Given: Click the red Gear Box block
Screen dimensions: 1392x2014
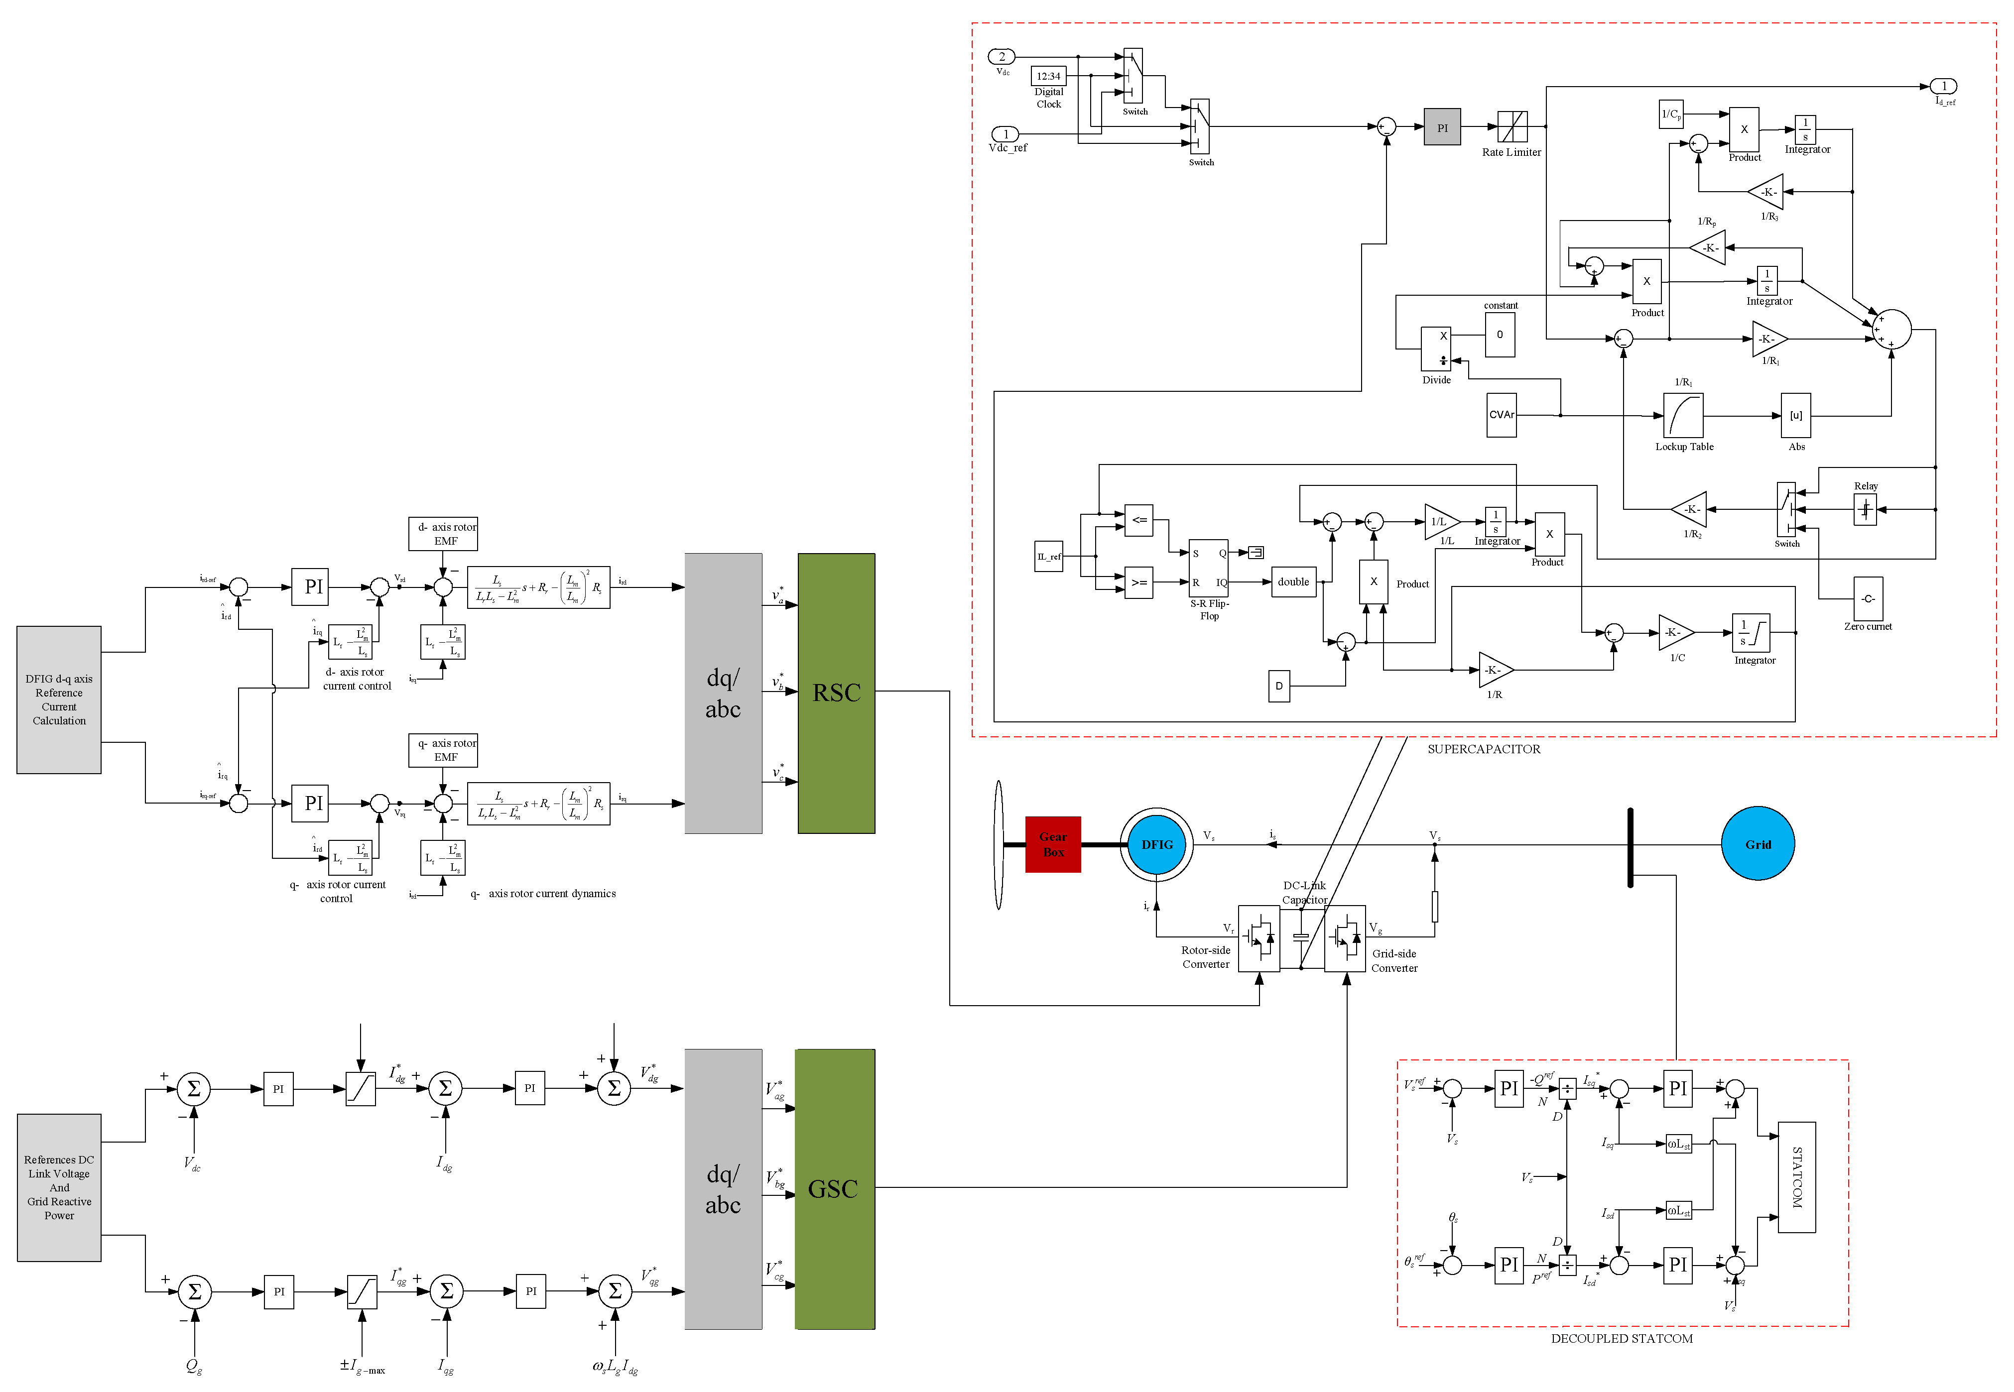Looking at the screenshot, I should [x=1053, y=844].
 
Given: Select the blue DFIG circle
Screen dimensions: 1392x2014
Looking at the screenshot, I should [x=1156, y=844].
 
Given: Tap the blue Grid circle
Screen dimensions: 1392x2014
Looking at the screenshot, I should [x=1758, y=844].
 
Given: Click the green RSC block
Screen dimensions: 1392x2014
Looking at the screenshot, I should [x=836, y=694].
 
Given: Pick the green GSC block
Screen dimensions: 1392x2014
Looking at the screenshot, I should [x=834, y=1189].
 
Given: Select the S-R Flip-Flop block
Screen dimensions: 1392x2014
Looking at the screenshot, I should [x=1208, y=568].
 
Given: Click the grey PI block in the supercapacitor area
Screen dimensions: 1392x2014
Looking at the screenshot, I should [x=1442, y=127].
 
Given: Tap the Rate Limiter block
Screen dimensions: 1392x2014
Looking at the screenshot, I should [x=1511, y=127].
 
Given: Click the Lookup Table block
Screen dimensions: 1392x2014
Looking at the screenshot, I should [x=1683, y=416].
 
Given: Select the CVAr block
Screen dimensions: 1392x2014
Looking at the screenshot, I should [x=1501, y=415].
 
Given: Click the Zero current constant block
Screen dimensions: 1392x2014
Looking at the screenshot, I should [x=1868, y=599].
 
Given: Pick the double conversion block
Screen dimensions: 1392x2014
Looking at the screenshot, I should [x=1293, y=582].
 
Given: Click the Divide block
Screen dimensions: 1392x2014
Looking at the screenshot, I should [x=1436, y=349].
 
